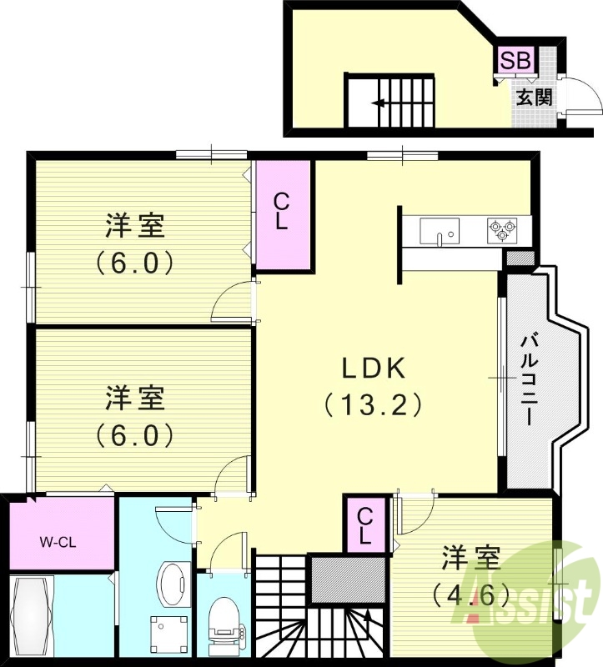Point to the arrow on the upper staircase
(x=379, y=103)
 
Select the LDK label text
(x=372, y=368)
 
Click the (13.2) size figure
(x=372, y=405)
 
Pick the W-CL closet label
(x=58, y=542)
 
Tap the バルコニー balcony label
(x=529, y=379)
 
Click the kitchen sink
(x=440, y=230)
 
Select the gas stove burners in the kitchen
(x=504, y=229)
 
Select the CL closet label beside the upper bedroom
(x=283, y=212)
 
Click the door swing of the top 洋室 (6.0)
(x=232, y=303)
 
